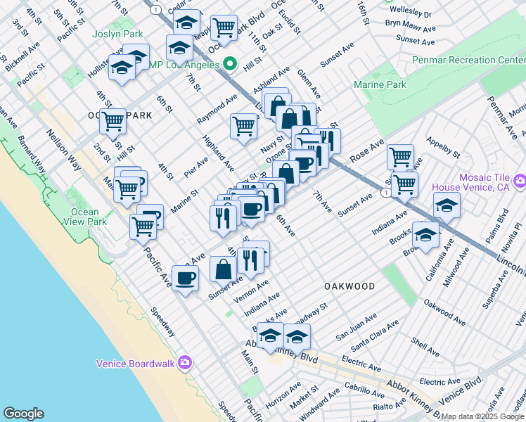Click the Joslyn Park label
click(x=117, y=34)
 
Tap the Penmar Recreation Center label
click(x=468, y=60)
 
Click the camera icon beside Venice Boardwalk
click(x=185, y=363)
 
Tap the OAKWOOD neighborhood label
click(x=349, y=286)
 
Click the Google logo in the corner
click(x=23, y=414)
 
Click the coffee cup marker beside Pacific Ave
click(x=185, y=278)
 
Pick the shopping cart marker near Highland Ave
click(x=243, y=127)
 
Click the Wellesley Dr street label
click(x=409, y=13)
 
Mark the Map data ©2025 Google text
click(x=483, y=416)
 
